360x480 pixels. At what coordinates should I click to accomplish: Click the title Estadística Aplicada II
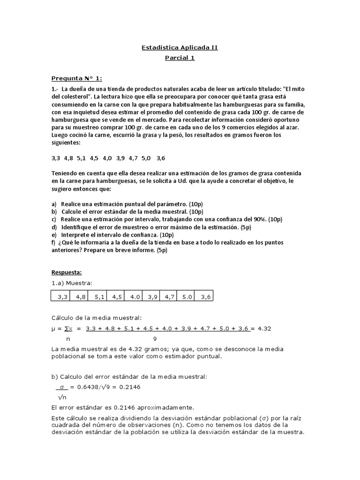pyautogui.click(x=180, y=48)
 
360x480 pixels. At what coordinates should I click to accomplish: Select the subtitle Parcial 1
pyautogui.click(x=180, y=58)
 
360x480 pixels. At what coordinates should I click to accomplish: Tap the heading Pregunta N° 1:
pyautogui.click(x=76, y=78)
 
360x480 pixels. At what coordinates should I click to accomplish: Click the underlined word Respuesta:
pyautogui.click(x=67, y=272)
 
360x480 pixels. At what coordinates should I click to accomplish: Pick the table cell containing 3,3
pyautogui.click(x=63, y=297)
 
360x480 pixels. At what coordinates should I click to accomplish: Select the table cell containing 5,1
pyautogui.click(x=99, y=297)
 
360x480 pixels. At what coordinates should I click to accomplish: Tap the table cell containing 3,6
pyautogui.click(x=206, y=297)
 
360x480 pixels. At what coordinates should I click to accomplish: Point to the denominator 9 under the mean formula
pyautogui.click(x=155, y=338)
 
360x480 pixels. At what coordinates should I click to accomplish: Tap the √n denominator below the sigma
pyautogui.click(x=61, y=397)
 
